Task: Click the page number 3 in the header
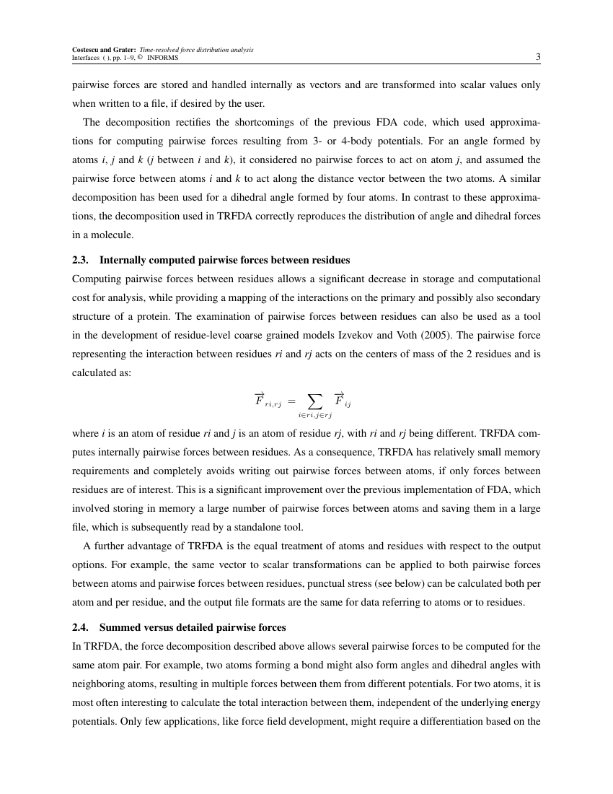click(537, 57)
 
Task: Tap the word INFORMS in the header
click(167, 58)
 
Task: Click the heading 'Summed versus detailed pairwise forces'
click(193, 627)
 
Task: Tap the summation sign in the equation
click(314, 400)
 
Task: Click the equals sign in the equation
click(291, 401)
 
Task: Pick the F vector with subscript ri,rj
click(267, 399)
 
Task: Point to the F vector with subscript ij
click(341, 399)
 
